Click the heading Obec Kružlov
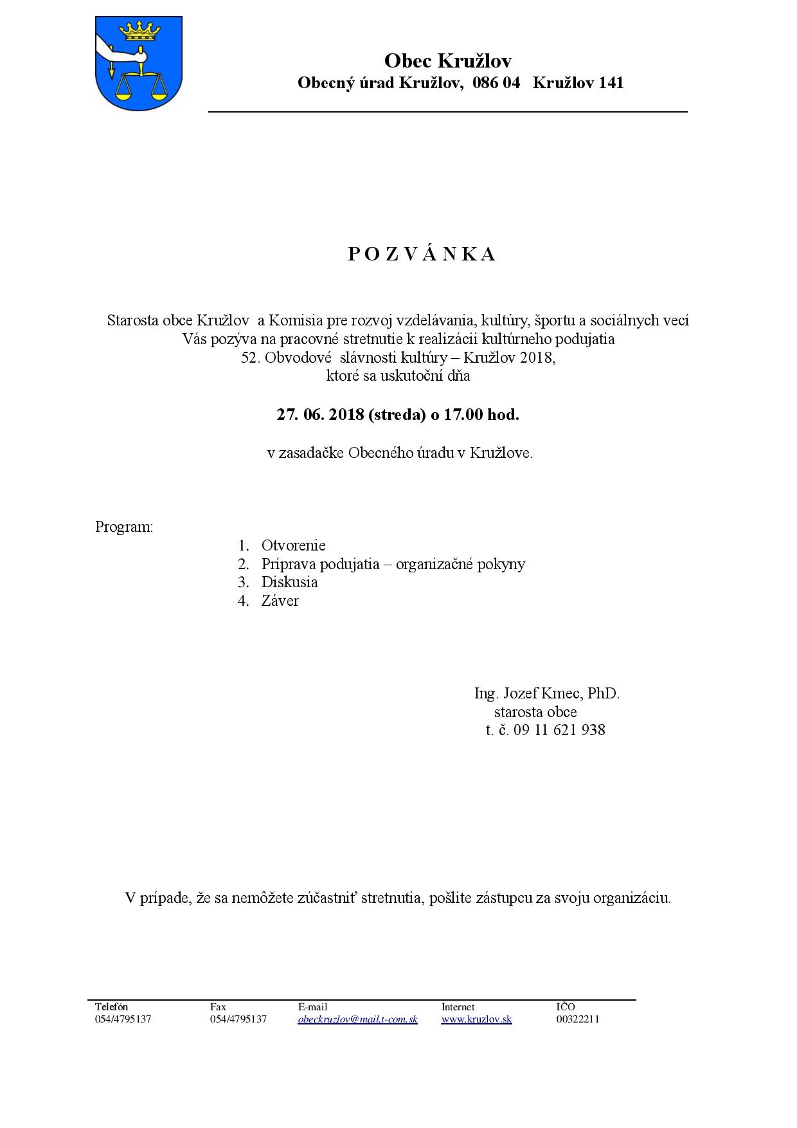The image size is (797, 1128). pyautogui.click(x=447, y=61)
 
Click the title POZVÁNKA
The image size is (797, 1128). pyautogui.click(x=422, y=255)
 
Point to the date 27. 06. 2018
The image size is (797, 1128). pyautogui.click(x=319, y=415)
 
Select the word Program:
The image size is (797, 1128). pyautogui.click(x=124, y=527)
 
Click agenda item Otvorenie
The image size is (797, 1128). pyautogui.click(x=293, y=545)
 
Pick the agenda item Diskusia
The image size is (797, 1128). pyautogui.click(x=289, y=582)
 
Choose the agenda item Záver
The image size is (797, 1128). pyautogui.click(x=280, y=601)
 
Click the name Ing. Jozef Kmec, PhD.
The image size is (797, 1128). pyautogui.click(x=546, y=693)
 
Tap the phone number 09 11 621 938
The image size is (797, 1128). pyautogui.click(x=559, y=730)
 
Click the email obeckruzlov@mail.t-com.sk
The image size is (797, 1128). pyautogui.click(x=357, y=1019)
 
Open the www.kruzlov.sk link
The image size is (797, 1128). pyautogui.click(x=476, y=1019)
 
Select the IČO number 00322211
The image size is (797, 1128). pyautogui.click(x=577, y=1019)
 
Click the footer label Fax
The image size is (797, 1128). pyautogui.click(x=218, y=1007)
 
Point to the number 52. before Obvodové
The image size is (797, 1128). pyautogui.click(x=249, y=358)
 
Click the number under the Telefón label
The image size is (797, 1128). pyautogui.click(x=123, y=1019)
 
